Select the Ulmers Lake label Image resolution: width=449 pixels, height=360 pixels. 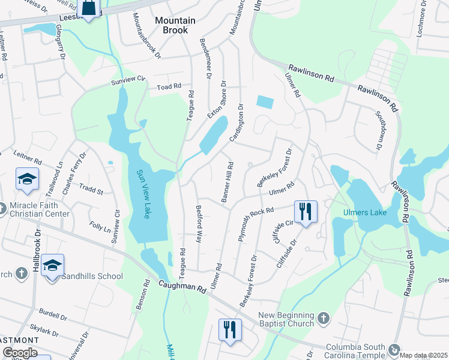pyautogui.click(x=363, y=212)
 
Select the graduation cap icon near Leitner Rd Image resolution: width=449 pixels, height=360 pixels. pyautogui.click(x=28, y=179)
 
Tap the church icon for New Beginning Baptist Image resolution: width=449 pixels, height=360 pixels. pyautogui.click(x=322, y=317)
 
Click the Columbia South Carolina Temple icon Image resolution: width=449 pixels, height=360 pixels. pyautogui.click(x=394, y=349)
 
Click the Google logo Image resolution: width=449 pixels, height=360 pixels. pyautogui.click(x=19, y=353)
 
